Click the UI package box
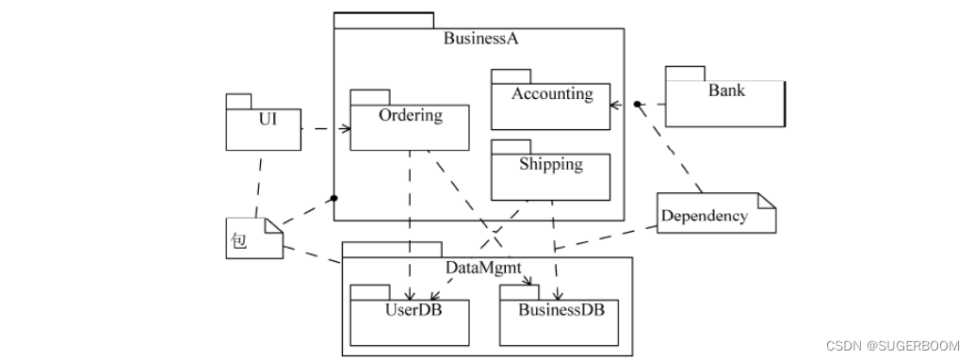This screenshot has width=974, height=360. pos(263,128)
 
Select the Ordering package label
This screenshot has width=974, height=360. pos(410,116)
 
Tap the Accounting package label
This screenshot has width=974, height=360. pos(552,94)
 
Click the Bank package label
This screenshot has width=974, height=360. pos(726,90)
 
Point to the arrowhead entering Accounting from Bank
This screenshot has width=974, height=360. pos(615,104)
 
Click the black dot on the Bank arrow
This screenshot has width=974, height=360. pos(637,104)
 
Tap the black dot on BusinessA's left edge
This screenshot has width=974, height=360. pos(333,198)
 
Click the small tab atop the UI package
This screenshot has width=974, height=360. pos(238,100)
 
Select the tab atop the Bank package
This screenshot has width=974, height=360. pos(685,74)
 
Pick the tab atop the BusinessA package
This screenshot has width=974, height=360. pos(383,20)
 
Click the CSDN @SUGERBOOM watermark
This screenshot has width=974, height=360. pos(892,346)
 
